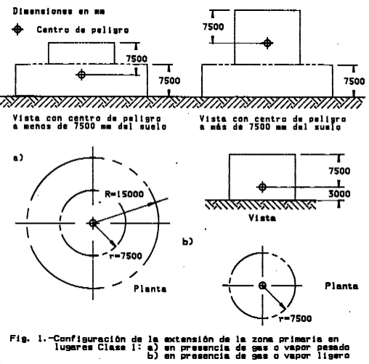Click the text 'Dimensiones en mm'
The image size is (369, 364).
pos(59,12)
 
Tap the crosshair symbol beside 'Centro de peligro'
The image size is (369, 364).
pos(17,30)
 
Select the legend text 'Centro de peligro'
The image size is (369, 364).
pos(83,30)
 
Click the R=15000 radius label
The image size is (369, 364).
pos(124,194)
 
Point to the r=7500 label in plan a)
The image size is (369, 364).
pos(126,256)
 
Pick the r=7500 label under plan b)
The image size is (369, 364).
pos(295,318)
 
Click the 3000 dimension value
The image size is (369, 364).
pos(339,194)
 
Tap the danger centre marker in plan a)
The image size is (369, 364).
pos(93,223)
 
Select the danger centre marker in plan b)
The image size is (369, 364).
pos(262,286)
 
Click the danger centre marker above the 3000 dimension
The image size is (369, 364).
pos(262,187)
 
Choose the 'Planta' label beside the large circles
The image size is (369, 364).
pos(150,288)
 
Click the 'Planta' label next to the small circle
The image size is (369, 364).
pos(341,286)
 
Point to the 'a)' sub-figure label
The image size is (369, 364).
pos(18,158)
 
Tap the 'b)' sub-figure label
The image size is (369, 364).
pos(187,241)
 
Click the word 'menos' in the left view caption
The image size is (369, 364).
pos(38,126)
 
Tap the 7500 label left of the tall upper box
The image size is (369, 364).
pos(214,27)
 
